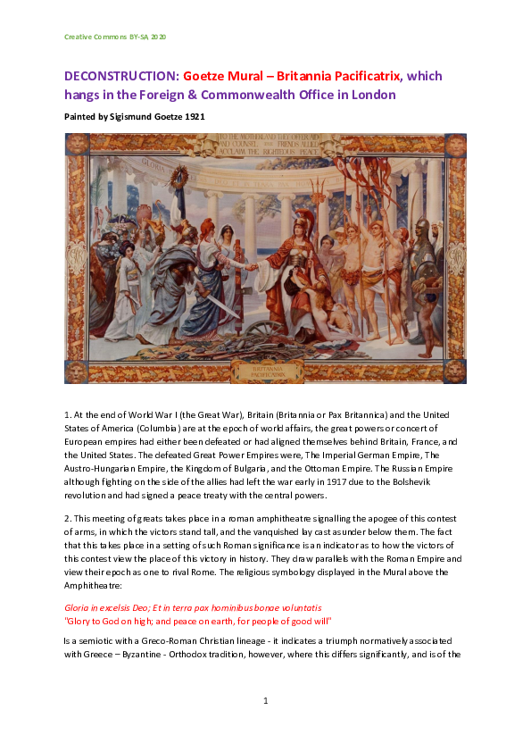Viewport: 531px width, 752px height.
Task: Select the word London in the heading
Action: (371, 95)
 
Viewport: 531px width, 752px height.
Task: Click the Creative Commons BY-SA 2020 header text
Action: (115, 37)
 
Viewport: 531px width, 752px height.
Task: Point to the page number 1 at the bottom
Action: (266, 699)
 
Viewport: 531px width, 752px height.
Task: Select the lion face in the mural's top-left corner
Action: (76, 145)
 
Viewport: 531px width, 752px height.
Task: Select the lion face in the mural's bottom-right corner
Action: (455, 371)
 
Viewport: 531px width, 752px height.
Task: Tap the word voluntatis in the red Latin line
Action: (299, 606)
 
